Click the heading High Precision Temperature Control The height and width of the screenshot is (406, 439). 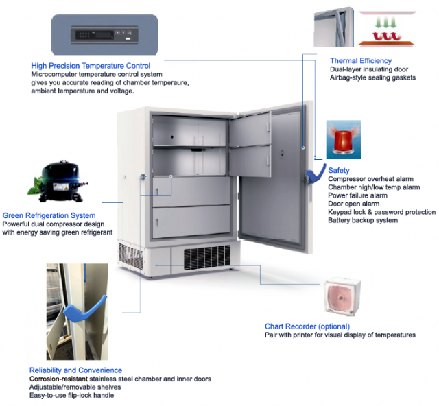pyautogui.click(x=91, y=66)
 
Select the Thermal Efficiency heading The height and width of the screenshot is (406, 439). pyautogui.click(x=360, y=61)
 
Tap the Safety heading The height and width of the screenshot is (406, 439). pyautogui.click(x=339, y=169)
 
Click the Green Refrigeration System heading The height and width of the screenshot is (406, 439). pyautogui.click(x=49, y=215)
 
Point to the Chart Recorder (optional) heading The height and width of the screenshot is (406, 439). pyautogui.click(x=307, y=326)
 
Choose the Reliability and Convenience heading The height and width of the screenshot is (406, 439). pyautogui.click(x=75, y=370)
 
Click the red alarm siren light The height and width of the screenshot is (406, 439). pyautogui.click(x=344, y=139)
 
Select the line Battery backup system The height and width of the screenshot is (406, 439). pyautogui.click(x=362, y=220)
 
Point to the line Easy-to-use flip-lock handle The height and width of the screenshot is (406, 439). pyautogui.click(x=72, y=395)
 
